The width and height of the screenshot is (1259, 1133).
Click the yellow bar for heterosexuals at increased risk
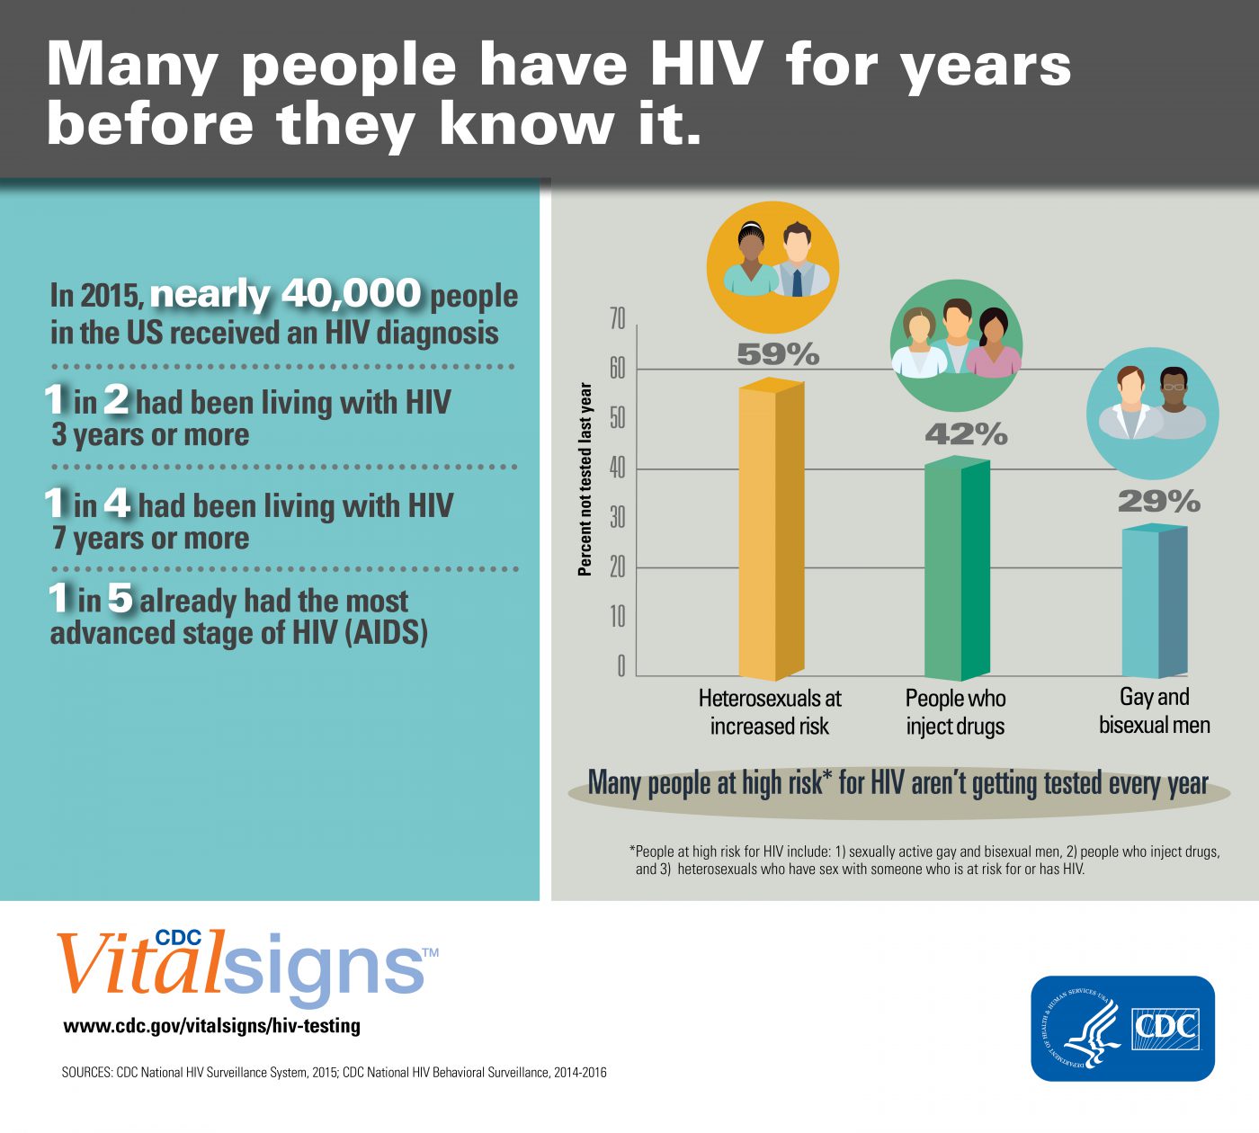pyautogui.click(x=771, y=531)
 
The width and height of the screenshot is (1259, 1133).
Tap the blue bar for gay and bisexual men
pyautogui.click(x=1154, y=602)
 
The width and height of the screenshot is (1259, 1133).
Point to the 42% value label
pyautogui.click(x=966, y=434)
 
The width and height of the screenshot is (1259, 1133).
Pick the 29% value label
pyautogui.click(x=1158, y=501)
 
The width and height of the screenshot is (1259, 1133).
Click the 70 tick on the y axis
pyautogui.click(x=617, y=319)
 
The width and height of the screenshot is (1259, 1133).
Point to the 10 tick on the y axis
pyautogui.click(x=617, y=617)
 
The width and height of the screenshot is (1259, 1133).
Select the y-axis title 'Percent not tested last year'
pyautogui.click(x=585, y=479)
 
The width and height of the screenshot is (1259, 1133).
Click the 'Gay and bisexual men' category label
pyautogui.click(x=1154, y=710)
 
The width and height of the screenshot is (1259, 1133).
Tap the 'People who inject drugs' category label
pyautogui.click(x=955, y=711)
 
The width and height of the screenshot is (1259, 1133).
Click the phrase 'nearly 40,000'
pyautogui.click(x=285, y=294)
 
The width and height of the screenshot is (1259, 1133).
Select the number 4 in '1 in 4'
pyautogui.click(x=117, y=504)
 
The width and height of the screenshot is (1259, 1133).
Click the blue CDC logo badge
pyautogui.click(x=1122, y=1028)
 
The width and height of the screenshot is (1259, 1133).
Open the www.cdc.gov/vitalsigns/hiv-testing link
pyautogui.click(x=211, y=1025)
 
